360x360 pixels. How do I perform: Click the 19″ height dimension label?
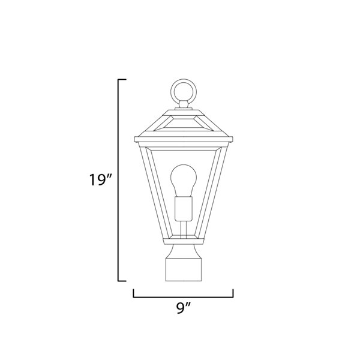(x=100, y=180)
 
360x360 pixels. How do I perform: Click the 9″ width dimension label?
(x=184, y=308)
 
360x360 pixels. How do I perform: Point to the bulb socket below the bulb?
(x=184, y=208)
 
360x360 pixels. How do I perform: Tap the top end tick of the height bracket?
(x=122, y=79)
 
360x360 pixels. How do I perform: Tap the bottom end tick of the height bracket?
(x=122, y=281)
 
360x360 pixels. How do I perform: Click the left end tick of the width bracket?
(x=134, y=293)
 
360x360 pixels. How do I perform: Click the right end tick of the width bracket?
(x=233, y=293)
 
